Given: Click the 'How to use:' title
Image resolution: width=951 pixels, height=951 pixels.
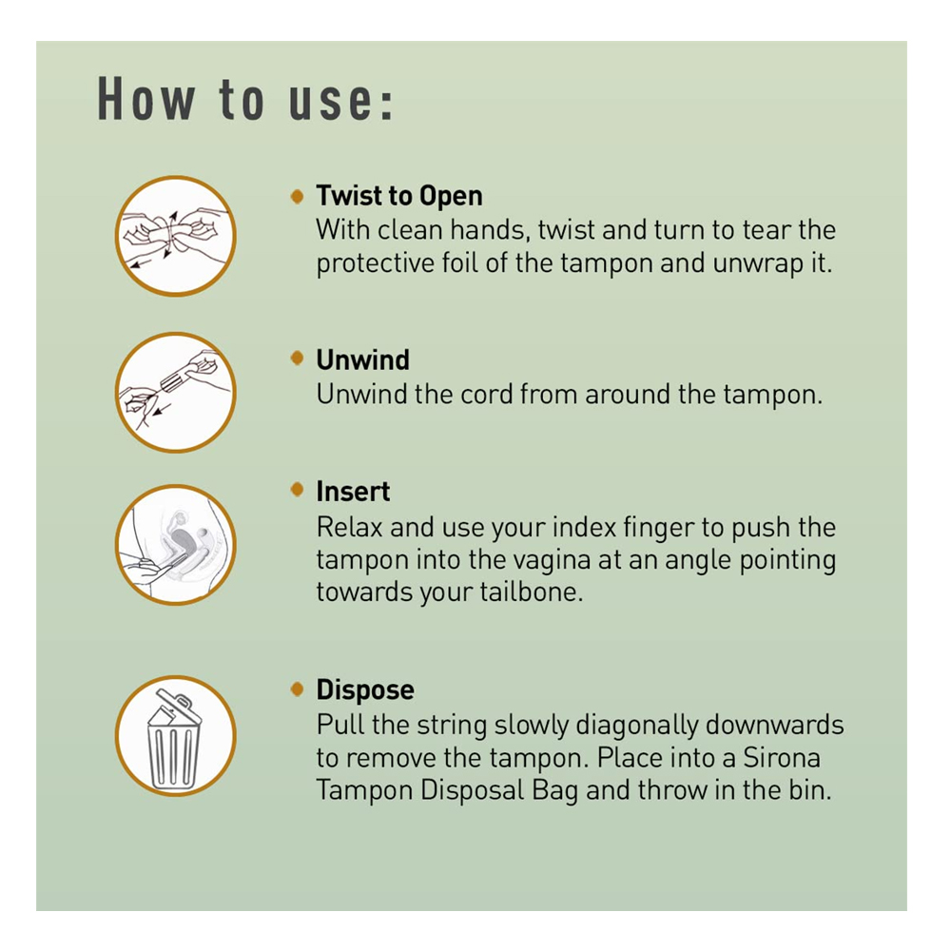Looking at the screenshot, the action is click(x=245, y=99).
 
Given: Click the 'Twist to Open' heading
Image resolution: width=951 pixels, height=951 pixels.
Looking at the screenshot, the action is click(x=399, y=196).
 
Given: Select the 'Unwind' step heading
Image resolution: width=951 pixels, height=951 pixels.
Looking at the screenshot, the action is click(x=362, y=359).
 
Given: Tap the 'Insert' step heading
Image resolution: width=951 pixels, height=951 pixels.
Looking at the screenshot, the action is click(x=353, y=492).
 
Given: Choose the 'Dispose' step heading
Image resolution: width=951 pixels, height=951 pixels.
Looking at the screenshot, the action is click(x=365, y=689).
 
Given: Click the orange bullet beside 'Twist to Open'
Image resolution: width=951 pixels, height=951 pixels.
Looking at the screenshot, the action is click(x=297, y=196).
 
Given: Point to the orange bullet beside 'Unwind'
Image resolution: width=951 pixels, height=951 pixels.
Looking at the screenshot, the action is click(x=297, y=358).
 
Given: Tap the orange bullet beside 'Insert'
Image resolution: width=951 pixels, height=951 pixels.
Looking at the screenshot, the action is click(x=297, y=489).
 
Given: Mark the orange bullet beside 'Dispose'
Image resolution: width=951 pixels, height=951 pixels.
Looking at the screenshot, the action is click(x=297, y=689).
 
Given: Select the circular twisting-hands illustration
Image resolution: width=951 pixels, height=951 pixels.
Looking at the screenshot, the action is click(x=175, y=235).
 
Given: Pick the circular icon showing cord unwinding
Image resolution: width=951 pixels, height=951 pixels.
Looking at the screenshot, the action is click(x=175, y=392).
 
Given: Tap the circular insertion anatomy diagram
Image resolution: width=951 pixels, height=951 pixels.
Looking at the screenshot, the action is click(x=175, y=544).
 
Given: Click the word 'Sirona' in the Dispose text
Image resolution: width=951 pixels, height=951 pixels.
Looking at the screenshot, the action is click(x=782, y=758).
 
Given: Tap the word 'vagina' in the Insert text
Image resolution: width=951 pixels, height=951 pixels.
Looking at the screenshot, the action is click(x=552, y=560).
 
